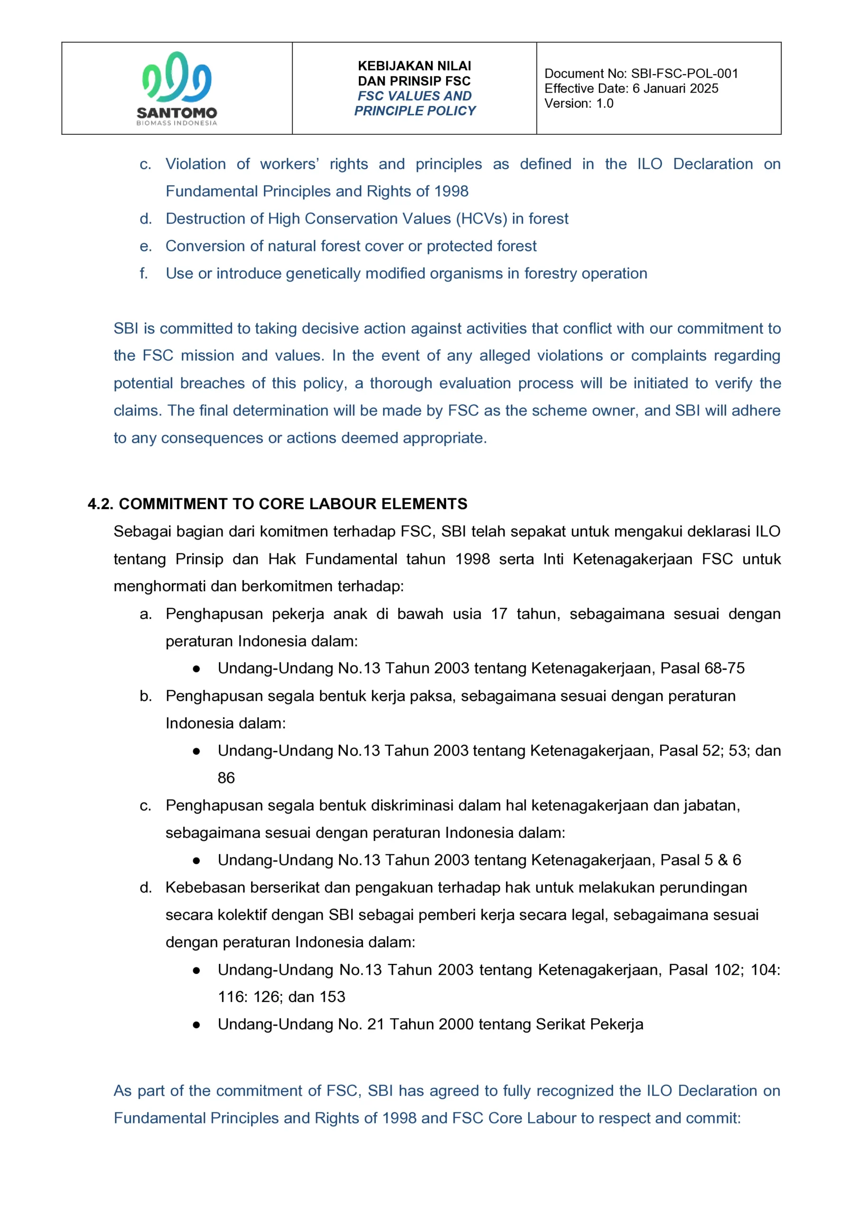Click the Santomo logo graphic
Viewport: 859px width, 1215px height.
pos(176,77)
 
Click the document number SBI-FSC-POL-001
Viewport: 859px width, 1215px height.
pos(684,74)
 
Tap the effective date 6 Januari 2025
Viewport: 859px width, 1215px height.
pos(675,88)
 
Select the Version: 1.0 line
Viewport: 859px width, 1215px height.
pos(579,103)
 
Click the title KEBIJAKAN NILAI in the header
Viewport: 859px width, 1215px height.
pos(414,66)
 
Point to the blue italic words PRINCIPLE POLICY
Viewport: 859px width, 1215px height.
pos(414,111)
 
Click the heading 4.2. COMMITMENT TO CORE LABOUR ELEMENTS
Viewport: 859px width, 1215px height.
pos(277,504)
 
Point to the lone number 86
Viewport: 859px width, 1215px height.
pos(226,778)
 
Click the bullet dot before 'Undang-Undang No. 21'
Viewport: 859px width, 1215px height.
pos(196,1025)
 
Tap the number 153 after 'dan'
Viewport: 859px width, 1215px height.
pos(332,997)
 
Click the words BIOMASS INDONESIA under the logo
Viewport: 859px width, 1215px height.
pos(176,123)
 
